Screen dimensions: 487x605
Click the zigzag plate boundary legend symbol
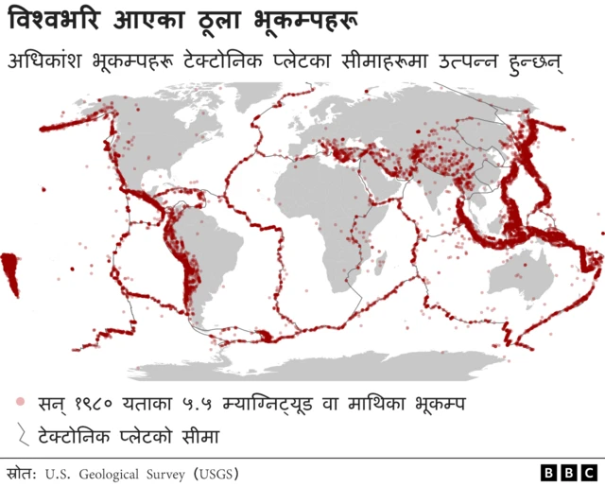pos(20,435)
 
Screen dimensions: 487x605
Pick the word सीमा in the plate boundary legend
pos(197,436)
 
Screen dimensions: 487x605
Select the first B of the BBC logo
pos(550,472)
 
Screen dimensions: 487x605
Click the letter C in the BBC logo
pos(588,472)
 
